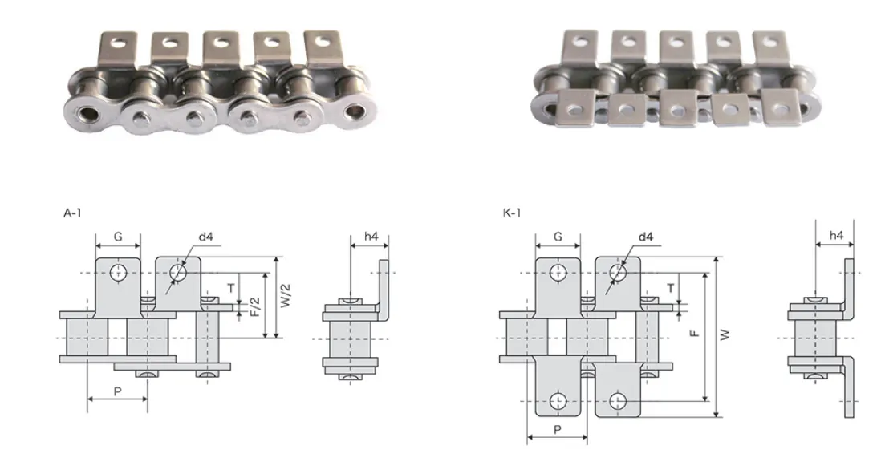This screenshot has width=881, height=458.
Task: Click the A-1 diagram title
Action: tap(72, 213)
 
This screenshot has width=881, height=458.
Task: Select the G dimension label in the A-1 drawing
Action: tap(118, 237)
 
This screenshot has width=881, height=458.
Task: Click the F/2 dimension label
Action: tap(254, 306)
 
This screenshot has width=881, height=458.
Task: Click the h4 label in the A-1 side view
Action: tap(371, 237)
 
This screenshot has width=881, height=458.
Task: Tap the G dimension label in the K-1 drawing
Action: tap(558, 237)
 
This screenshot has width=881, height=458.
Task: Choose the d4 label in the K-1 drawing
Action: tap(645, 237)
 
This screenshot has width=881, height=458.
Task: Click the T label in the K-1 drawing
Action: tap(671, 287)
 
